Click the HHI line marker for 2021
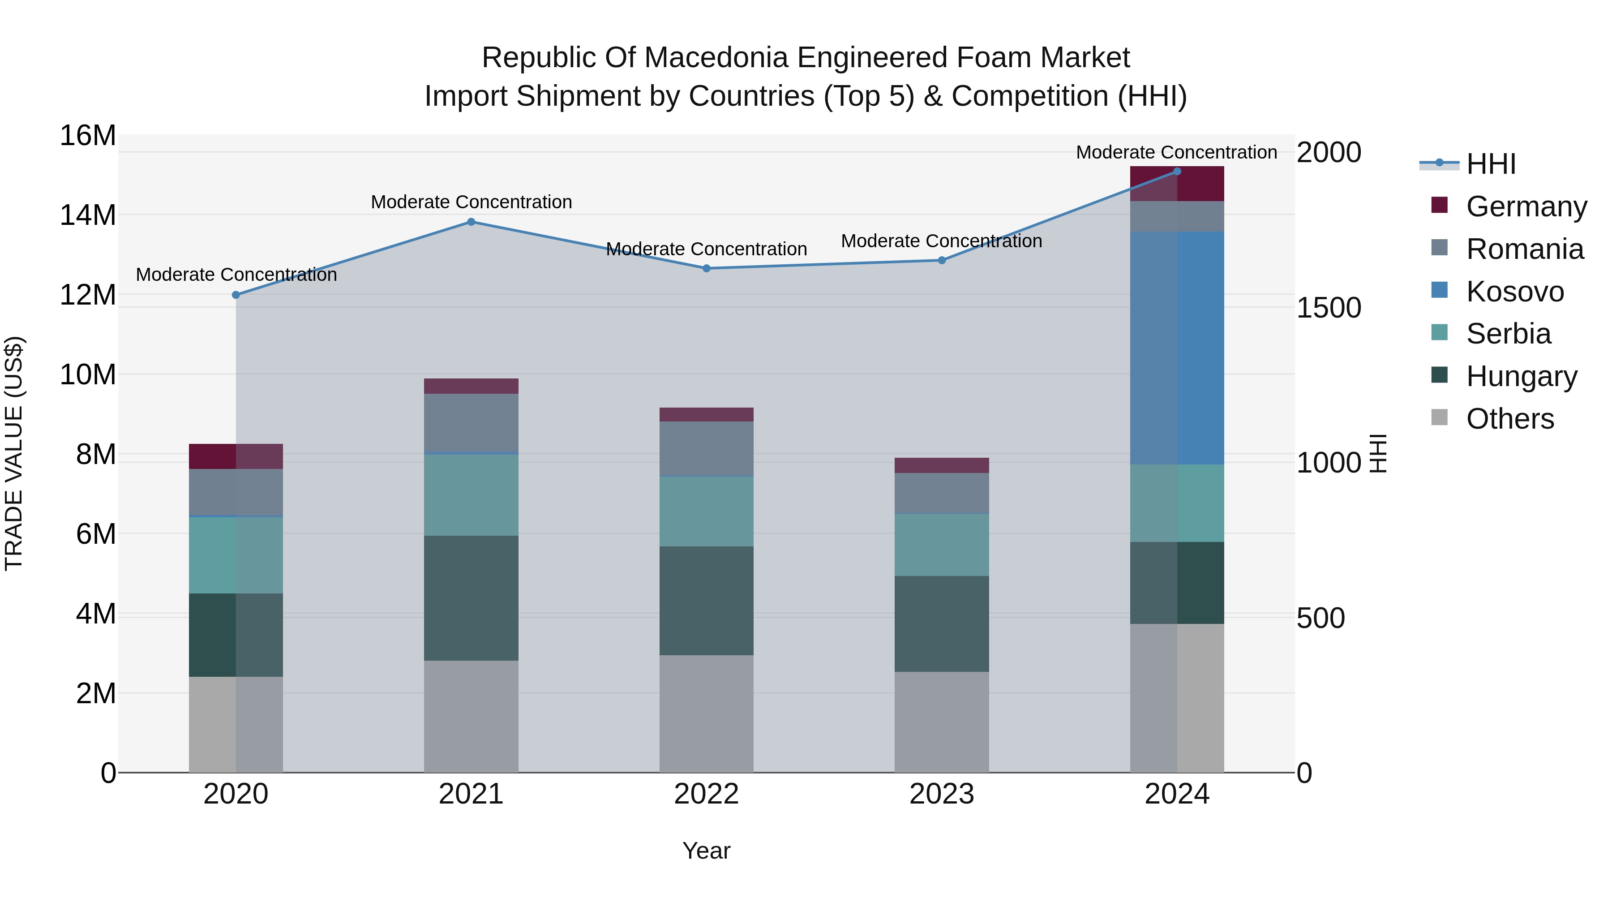471,222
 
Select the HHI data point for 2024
1177,171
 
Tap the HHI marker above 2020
236,295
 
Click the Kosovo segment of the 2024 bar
1177,348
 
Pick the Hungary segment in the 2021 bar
471,598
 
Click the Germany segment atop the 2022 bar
707,414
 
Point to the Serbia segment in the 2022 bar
707,512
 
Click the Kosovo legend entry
1515,292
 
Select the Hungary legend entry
1521,376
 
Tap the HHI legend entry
1491,164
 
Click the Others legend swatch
1439,417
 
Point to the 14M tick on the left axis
88,215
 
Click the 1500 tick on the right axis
1329,308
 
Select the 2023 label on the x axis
942,794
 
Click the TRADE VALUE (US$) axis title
14,453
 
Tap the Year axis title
707,851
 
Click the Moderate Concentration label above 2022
707,249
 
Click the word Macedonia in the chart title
717,58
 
